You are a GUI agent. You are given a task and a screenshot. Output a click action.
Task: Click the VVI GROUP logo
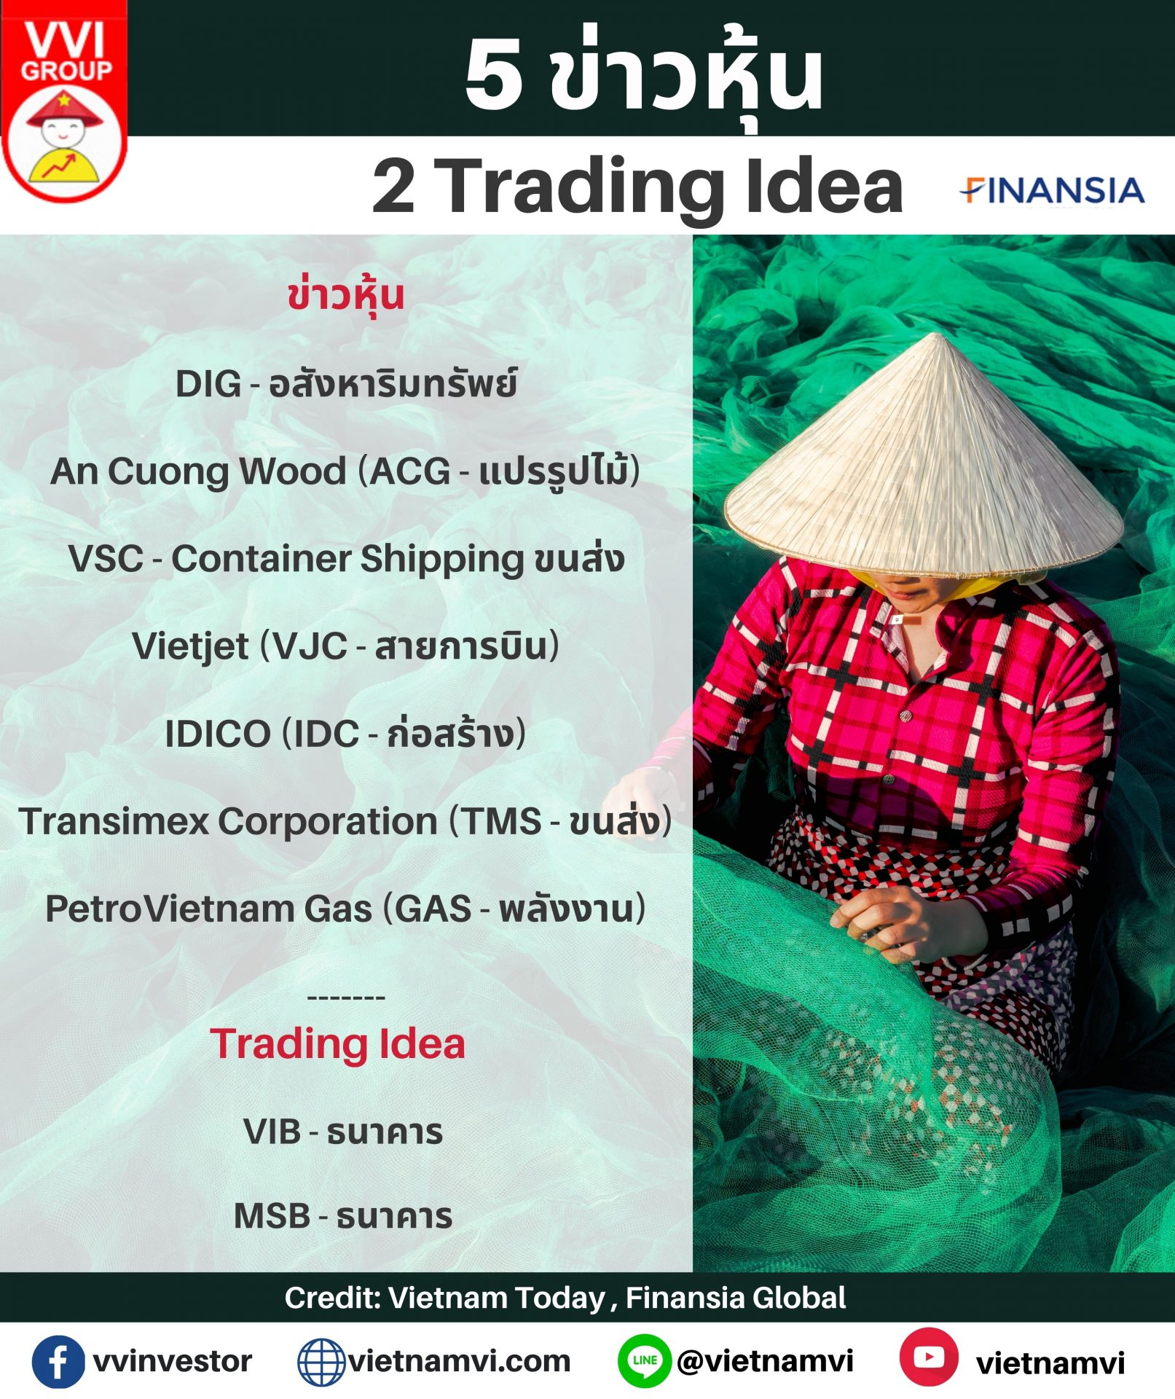(64, 102)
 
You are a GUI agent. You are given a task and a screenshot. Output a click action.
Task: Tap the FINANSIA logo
(1051, 190)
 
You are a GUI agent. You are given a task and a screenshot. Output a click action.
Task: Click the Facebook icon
(58, 1362)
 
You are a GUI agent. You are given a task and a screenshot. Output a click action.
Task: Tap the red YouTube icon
(929, 1357)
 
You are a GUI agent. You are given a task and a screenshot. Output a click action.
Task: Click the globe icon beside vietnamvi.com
(321, 1362)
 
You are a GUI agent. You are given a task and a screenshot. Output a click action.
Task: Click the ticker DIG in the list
(208, 384)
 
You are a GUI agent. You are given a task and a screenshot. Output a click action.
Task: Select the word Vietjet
(190, 647)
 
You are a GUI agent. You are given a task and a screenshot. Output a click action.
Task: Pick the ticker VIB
(272, 1132)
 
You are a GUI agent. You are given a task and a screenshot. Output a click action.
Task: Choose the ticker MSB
(272, 1216)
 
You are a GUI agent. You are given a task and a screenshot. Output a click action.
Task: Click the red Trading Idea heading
(337, 1044)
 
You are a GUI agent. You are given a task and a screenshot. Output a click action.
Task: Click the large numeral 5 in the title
(494, 75)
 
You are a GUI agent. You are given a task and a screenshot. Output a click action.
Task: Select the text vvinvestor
(173, 1361)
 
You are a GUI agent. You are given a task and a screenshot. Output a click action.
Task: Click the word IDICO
(218, 734)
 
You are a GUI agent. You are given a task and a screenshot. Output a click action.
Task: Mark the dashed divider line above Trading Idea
(346, 997)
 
